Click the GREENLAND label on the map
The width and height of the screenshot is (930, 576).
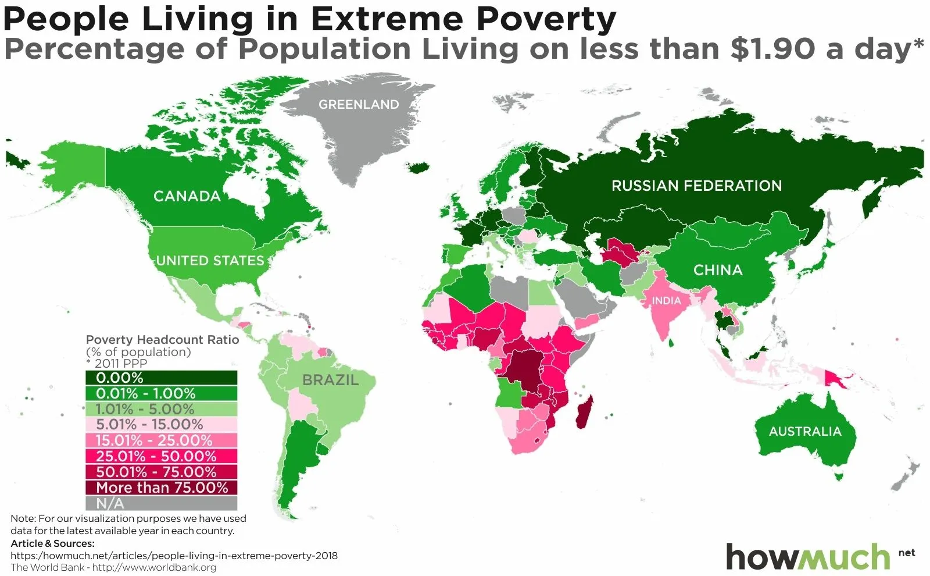pos(359,105)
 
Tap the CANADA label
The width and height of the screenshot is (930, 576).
pos(187,196)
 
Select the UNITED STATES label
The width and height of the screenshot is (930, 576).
pos(210,261)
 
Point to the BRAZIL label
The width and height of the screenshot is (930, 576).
pos(330,381)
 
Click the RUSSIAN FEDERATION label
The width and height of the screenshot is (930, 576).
pos(696,186)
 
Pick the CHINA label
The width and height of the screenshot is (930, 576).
pos(718,270)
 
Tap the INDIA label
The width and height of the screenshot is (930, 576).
pos(666,301)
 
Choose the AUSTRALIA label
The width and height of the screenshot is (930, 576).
pos(805,431)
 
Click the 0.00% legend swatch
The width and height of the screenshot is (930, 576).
pos(161,378)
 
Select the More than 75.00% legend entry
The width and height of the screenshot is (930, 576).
pos(161,488)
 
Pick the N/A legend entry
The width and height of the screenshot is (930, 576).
pos(161,503)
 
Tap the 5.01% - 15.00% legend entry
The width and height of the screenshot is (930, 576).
pos(161,425)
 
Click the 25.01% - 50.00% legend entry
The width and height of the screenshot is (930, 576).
pos(161,456)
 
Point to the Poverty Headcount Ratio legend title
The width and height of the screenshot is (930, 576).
pos(162,340)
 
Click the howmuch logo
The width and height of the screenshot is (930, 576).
pos(808,557)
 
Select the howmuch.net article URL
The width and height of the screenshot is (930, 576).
pos(174,556)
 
